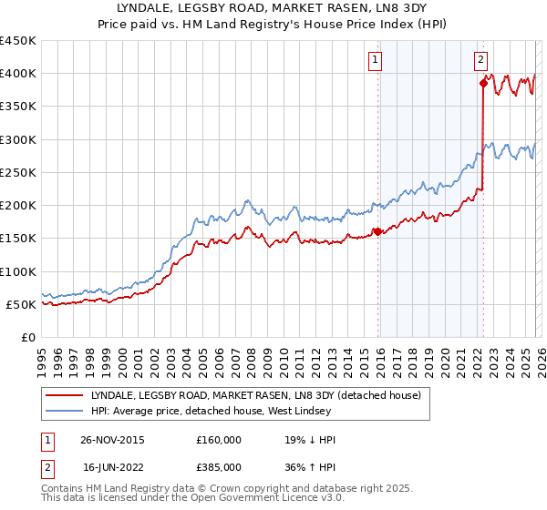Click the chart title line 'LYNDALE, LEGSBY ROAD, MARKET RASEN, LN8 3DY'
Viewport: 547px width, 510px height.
tap(273, 7)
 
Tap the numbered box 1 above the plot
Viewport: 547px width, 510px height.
tap(375, 60)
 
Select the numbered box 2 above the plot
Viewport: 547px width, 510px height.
tap(480, 60)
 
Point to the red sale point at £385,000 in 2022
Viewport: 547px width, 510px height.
tap(483, 83)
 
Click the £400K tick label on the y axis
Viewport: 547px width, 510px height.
tap(18, 74)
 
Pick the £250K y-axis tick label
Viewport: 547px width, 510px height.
tap(18, 172)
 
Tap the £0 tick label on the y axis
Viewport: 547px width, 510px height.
tap(27, 337)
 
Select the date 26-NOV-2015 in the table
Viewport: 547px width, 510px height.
tap(112, 440)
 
